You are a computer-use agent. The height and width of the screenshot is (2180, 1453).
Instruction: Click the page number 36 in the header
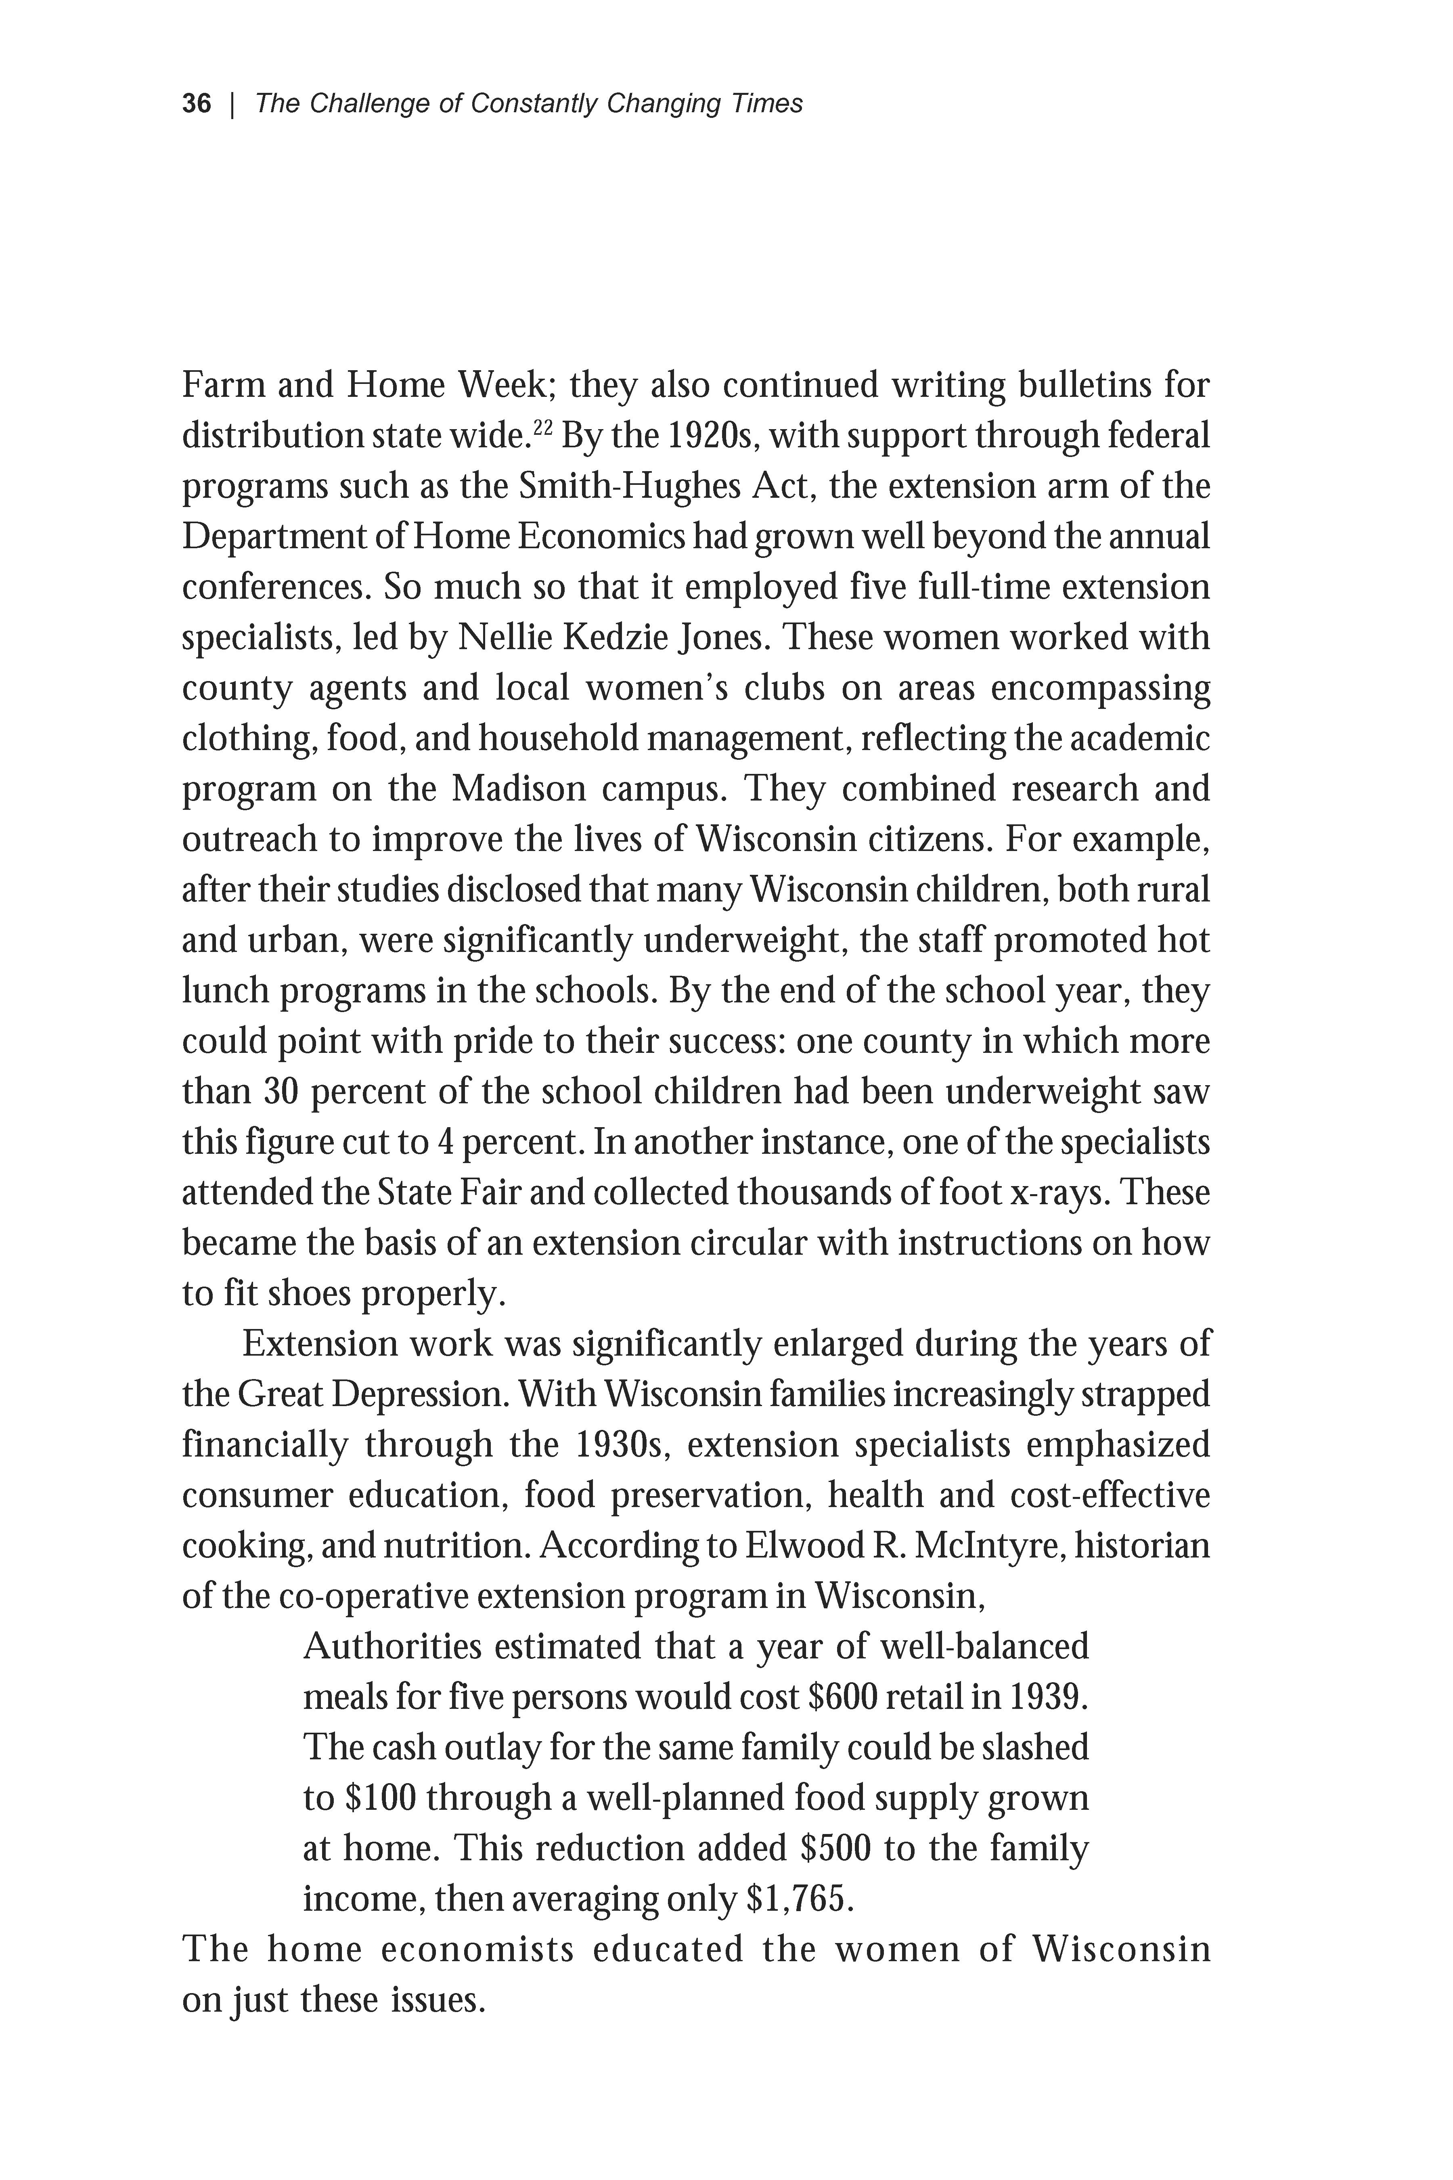click(x=197, y=104)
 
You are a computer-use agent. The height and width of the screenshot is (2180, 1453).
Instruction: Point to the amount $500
click(x=834, y=1848)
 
